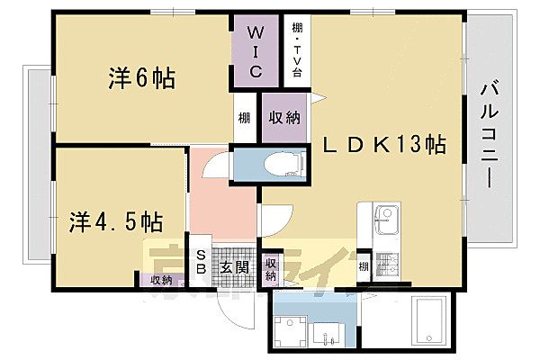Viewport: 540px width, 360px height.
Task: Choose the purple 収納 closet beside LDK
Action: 283,118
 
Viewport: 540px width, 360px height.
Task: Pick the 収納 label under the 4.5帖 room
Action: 162,280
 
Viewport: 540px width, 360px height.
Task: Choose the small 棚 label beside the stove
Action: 363,265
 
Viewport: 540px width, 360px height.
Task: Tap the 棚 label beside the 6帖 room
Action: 244,119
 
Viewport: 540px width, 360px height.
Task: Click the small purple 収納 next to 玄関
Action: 270,269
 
